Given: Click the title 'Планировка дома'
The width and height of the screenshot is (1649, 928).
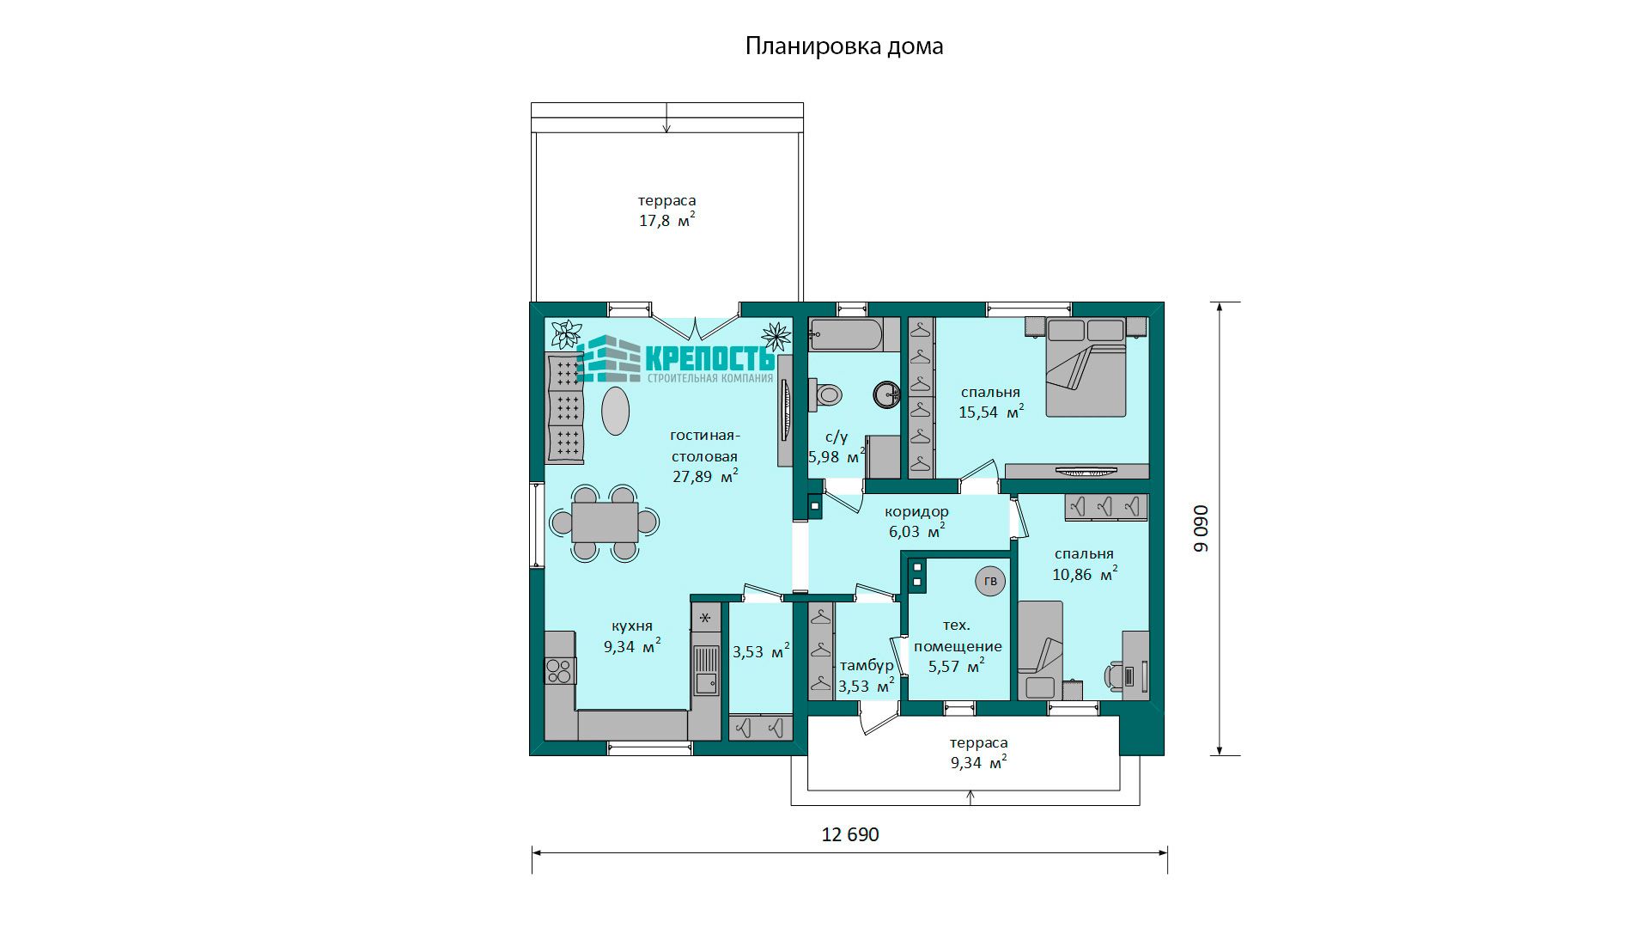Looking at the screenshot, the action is tap(844, 46).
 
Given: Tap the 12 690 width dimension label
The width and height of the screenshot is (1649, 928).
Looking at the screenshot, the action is tap(850, 834).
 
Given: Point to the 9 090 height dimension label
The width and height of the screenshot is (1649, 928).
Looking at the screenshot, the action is tap(1201, 528).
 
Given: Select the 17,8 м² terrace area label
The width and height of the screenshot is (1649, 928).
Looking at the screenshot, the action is tap(666, 221).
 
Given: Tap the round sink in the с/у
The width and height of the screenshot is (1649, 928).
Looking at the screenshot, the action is tap(886, 394).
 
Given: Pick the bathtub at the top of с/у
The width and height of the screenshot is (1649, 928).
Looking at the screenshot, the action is tap(846, 335).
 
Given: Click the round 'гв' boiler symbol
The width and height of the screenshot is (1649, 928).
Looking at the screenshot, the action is tap(990, 582).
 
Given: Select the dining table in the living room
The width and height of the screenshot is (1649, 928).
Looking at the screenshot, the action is tap(605, 522).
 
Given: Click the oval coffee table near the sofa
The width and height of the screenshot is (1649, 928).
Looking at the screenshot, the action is tap(614, 412).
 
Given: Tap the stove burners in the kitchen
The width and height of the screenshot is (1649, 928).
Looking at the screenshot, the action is tap(560, 670).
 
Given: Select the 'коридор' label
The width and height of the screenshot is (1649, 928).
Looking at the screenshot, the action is tap(916, 511).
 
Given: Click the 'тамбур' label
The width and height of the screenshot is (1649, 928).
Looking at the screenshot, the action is tap(867, 666).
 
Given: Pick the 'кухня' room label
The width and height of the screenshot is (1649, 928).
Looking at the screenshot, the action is tap(632, 626).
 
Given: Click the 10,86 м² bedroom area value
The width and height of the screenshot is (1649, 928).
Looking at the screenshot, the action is tap(1085, 574).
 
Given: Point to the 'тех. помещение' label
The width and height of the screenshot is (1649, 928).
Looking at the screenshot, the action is tap(957, 636).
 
